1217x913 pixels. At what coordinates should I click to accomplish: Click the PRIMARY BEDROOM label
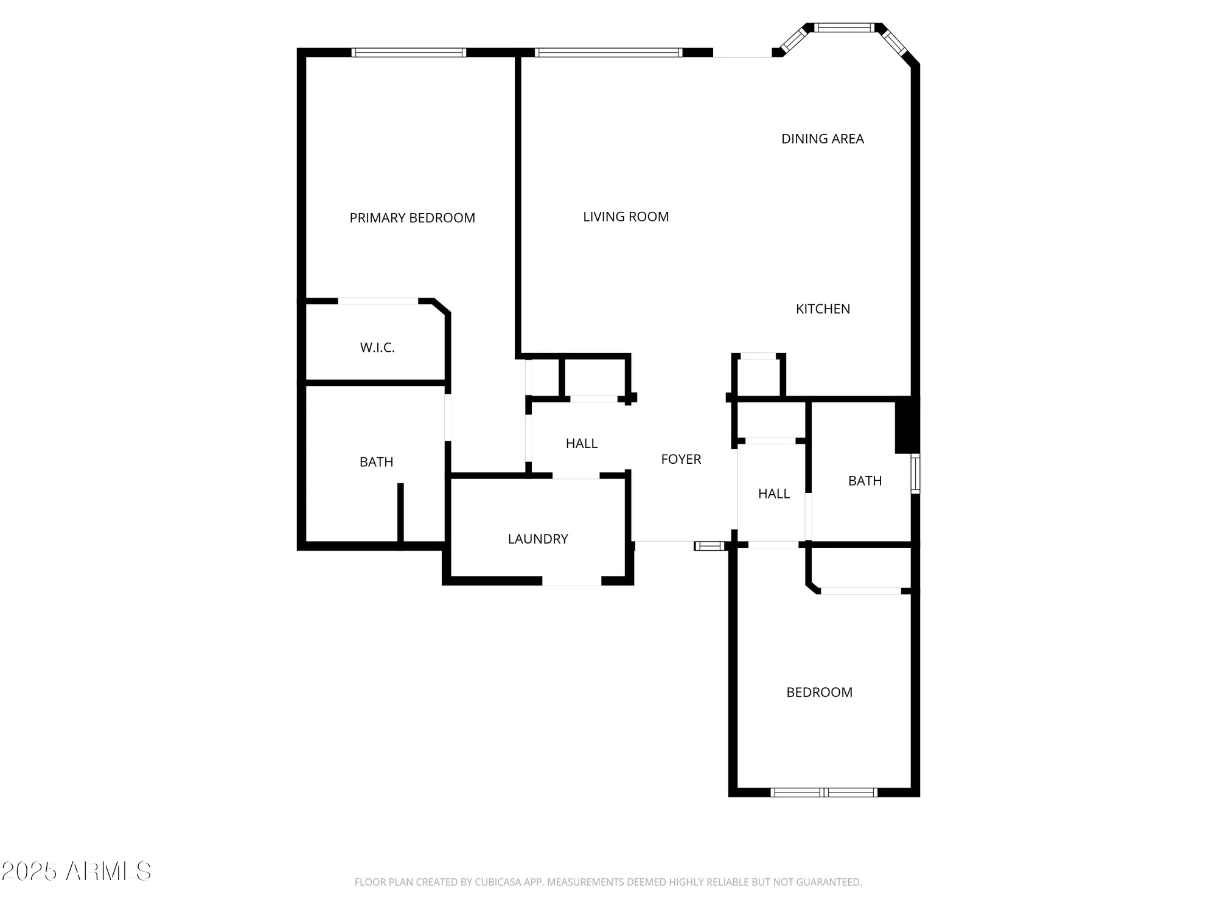click(412, 218)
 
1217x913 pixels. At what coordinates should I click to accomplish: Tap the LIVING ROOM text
click(626, 217)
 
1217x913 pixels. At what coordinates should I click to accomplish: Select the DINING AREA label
click(822, 139)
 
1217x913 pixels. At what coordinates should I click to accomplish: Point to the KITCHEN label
click(823, 309)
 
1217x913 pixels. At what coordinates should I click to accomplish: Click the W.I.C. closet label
click(377, 348)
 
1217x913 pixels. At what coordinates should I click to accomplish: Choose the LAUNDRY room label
click(538, 539)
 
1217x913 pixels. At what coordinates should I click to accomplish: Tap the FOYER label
click(681, 460)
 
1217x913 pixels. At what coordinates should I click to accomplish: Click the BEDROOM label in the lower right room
click(819, 693)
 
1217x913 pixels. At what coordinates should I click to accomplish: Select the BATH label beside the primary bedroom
click(376, 462)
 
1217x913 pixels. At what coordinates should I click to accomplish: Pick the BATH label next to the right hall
click(865, 481)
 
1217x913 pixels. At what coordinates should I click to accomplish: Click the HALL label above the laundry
click(581, 444)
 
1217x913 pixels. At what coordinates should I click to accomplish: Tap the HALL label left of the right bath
click(773, 494)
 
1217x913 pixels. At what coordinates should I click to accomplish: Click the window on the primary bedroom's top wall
click(409, 53)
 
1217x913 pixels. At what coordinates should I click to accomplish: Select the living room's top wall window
click(608, 53)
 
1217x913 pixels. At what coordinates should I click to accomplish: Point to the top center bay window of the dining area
click(844, 27)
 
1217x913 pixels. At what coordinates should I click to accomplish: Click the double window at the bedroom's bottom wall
click(823, 792)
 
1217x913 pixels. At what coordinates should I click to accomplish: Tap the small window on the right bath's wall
click(915, 473)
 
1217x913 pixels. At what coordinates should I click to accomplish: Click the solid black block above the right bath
click(906, 425)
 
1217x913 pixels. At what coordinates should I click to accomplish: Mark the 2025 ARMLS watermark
click(76, 871)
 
